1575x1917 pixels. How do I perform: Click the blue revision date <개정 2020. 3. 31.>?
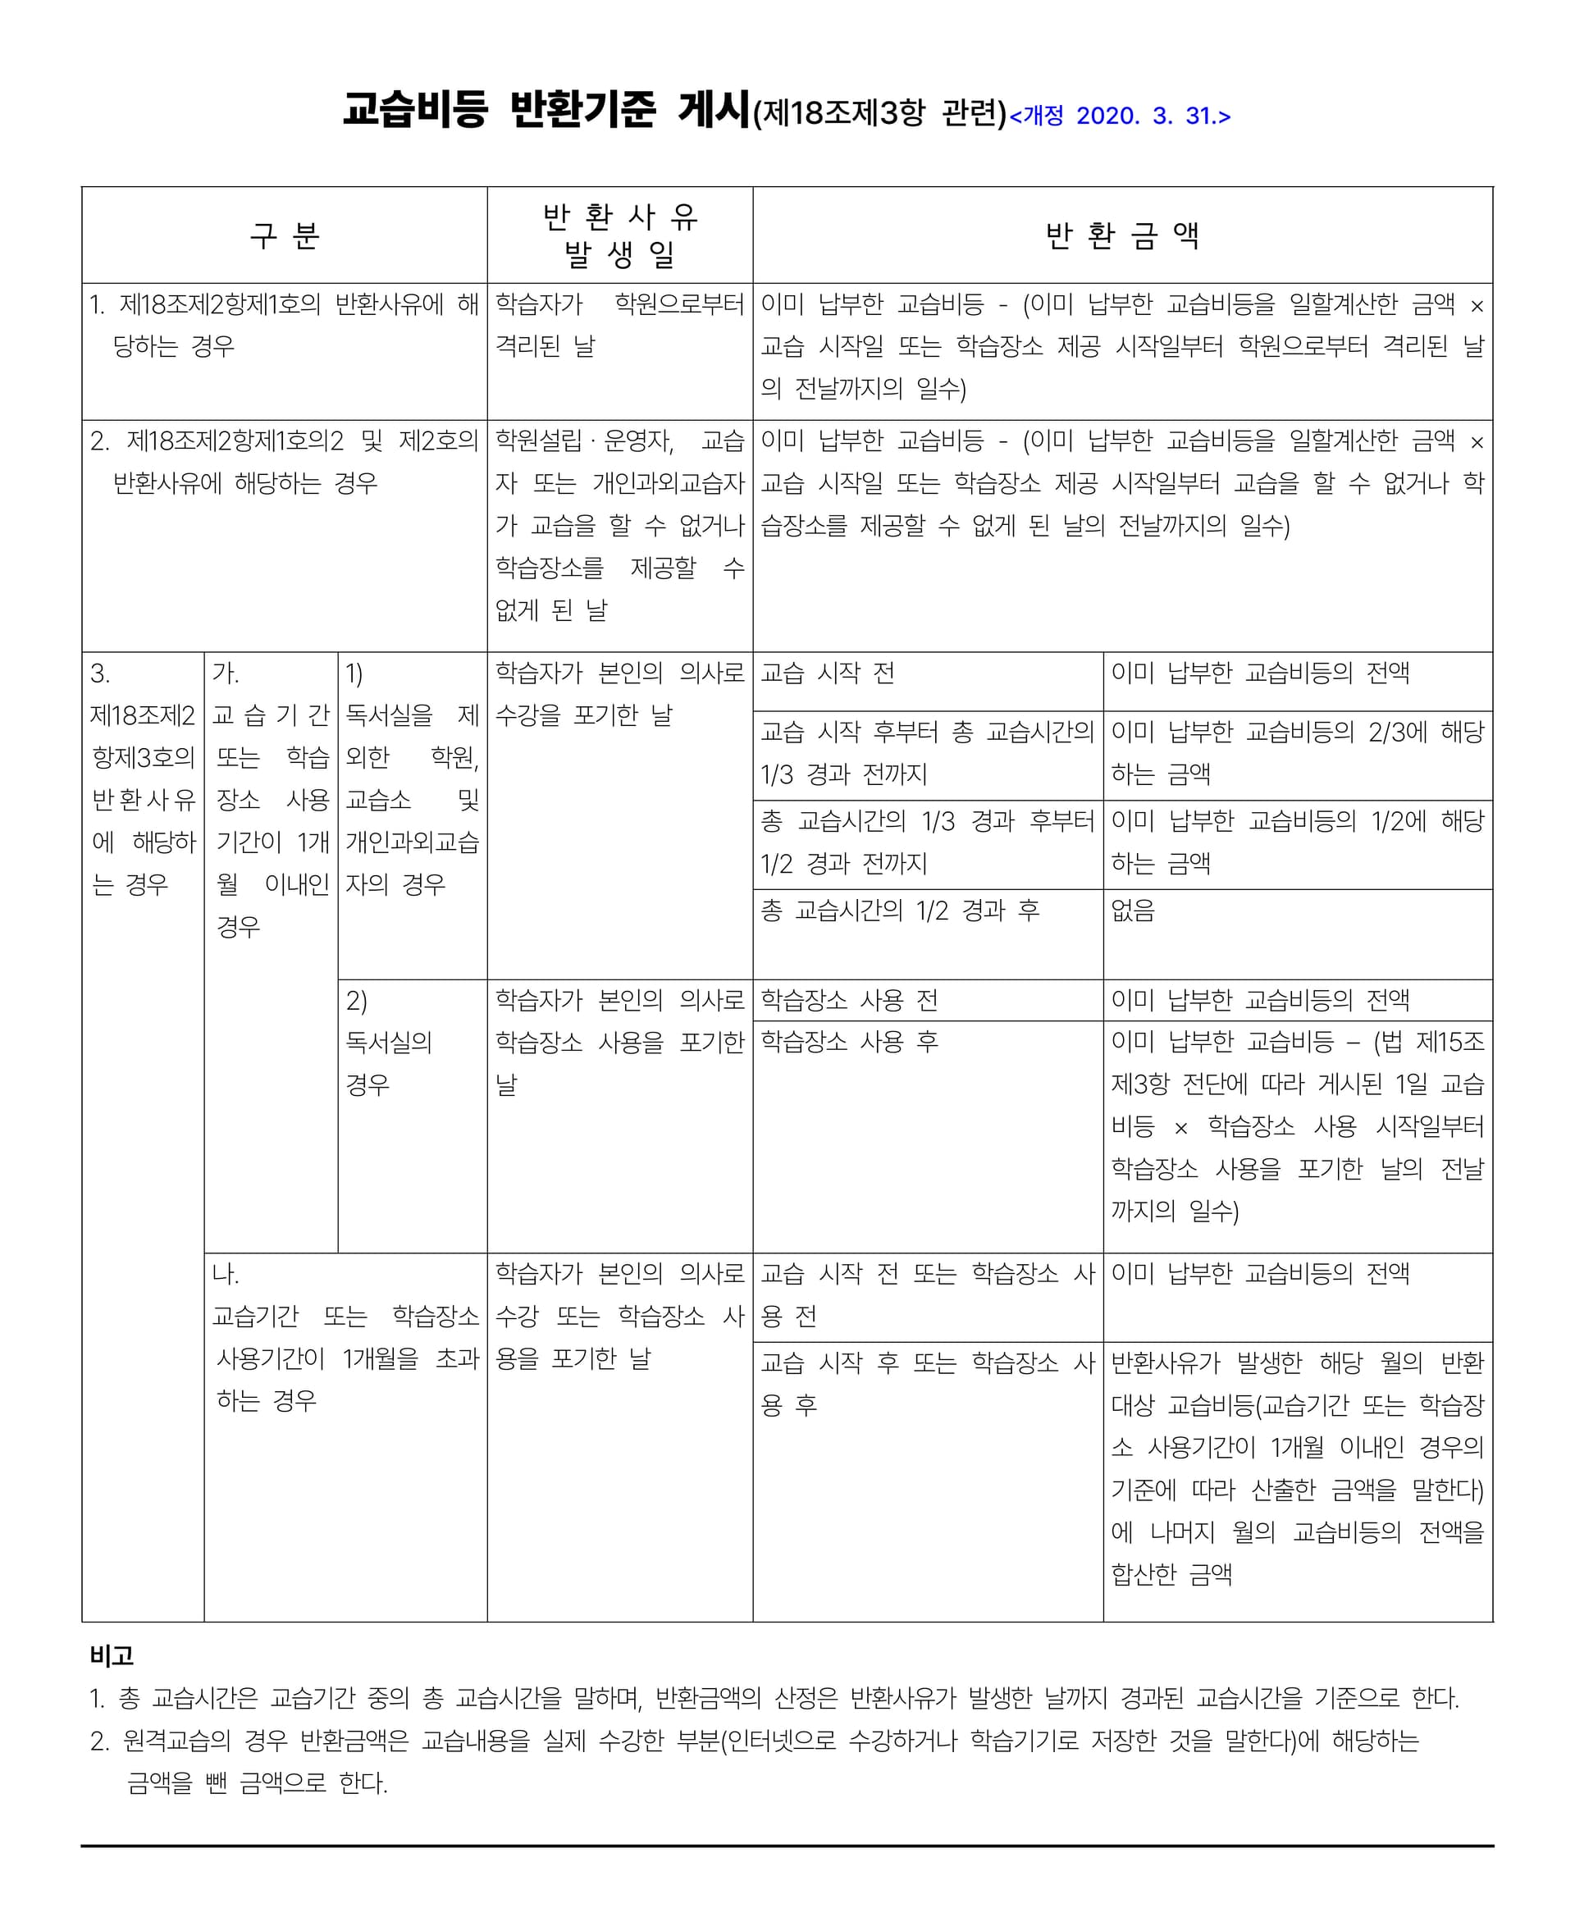1120,116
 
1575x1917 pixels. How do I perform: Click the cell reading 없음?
1133,910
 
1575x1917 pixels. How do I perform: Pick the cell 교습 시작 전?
828,673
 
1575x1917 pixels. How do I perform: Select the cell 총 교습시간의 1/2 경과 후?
899,910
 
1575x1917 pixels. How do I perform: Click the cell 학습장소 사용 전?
849,1000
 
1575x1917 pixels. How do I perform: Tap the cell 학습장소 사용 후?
849,1042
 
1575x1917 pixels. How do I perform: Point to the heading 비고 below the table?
112,1655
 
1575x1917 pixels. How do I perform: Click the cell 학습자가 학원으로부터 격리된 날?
619,325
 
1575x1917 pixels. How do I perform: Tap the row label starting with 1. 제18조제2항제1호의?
284,325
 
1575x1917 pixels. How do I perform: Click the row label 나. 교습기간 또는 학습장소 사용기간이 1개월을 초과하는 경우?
345,1337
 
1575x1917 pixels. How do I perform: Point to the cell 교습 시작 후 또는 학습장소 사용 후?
927,1383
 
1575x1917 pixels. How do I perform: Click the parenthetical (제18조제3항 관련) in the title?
880,114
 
